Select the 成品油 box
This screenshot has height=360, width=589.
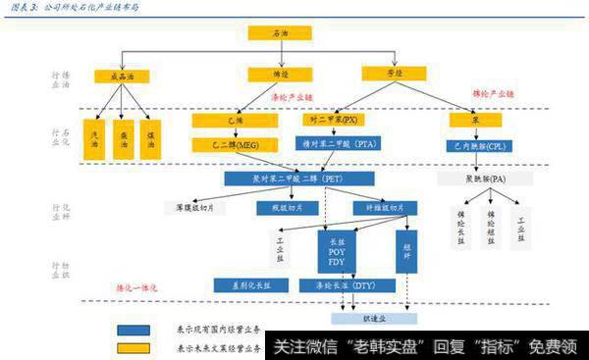(x=121, y=76)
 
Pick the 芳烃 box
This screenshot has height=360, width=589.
(x=387, y=73)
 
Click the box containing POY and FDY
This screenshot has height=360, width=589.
(x=337, y=249)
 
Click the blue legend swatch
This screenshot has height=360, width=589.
(x=134, y=332)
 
